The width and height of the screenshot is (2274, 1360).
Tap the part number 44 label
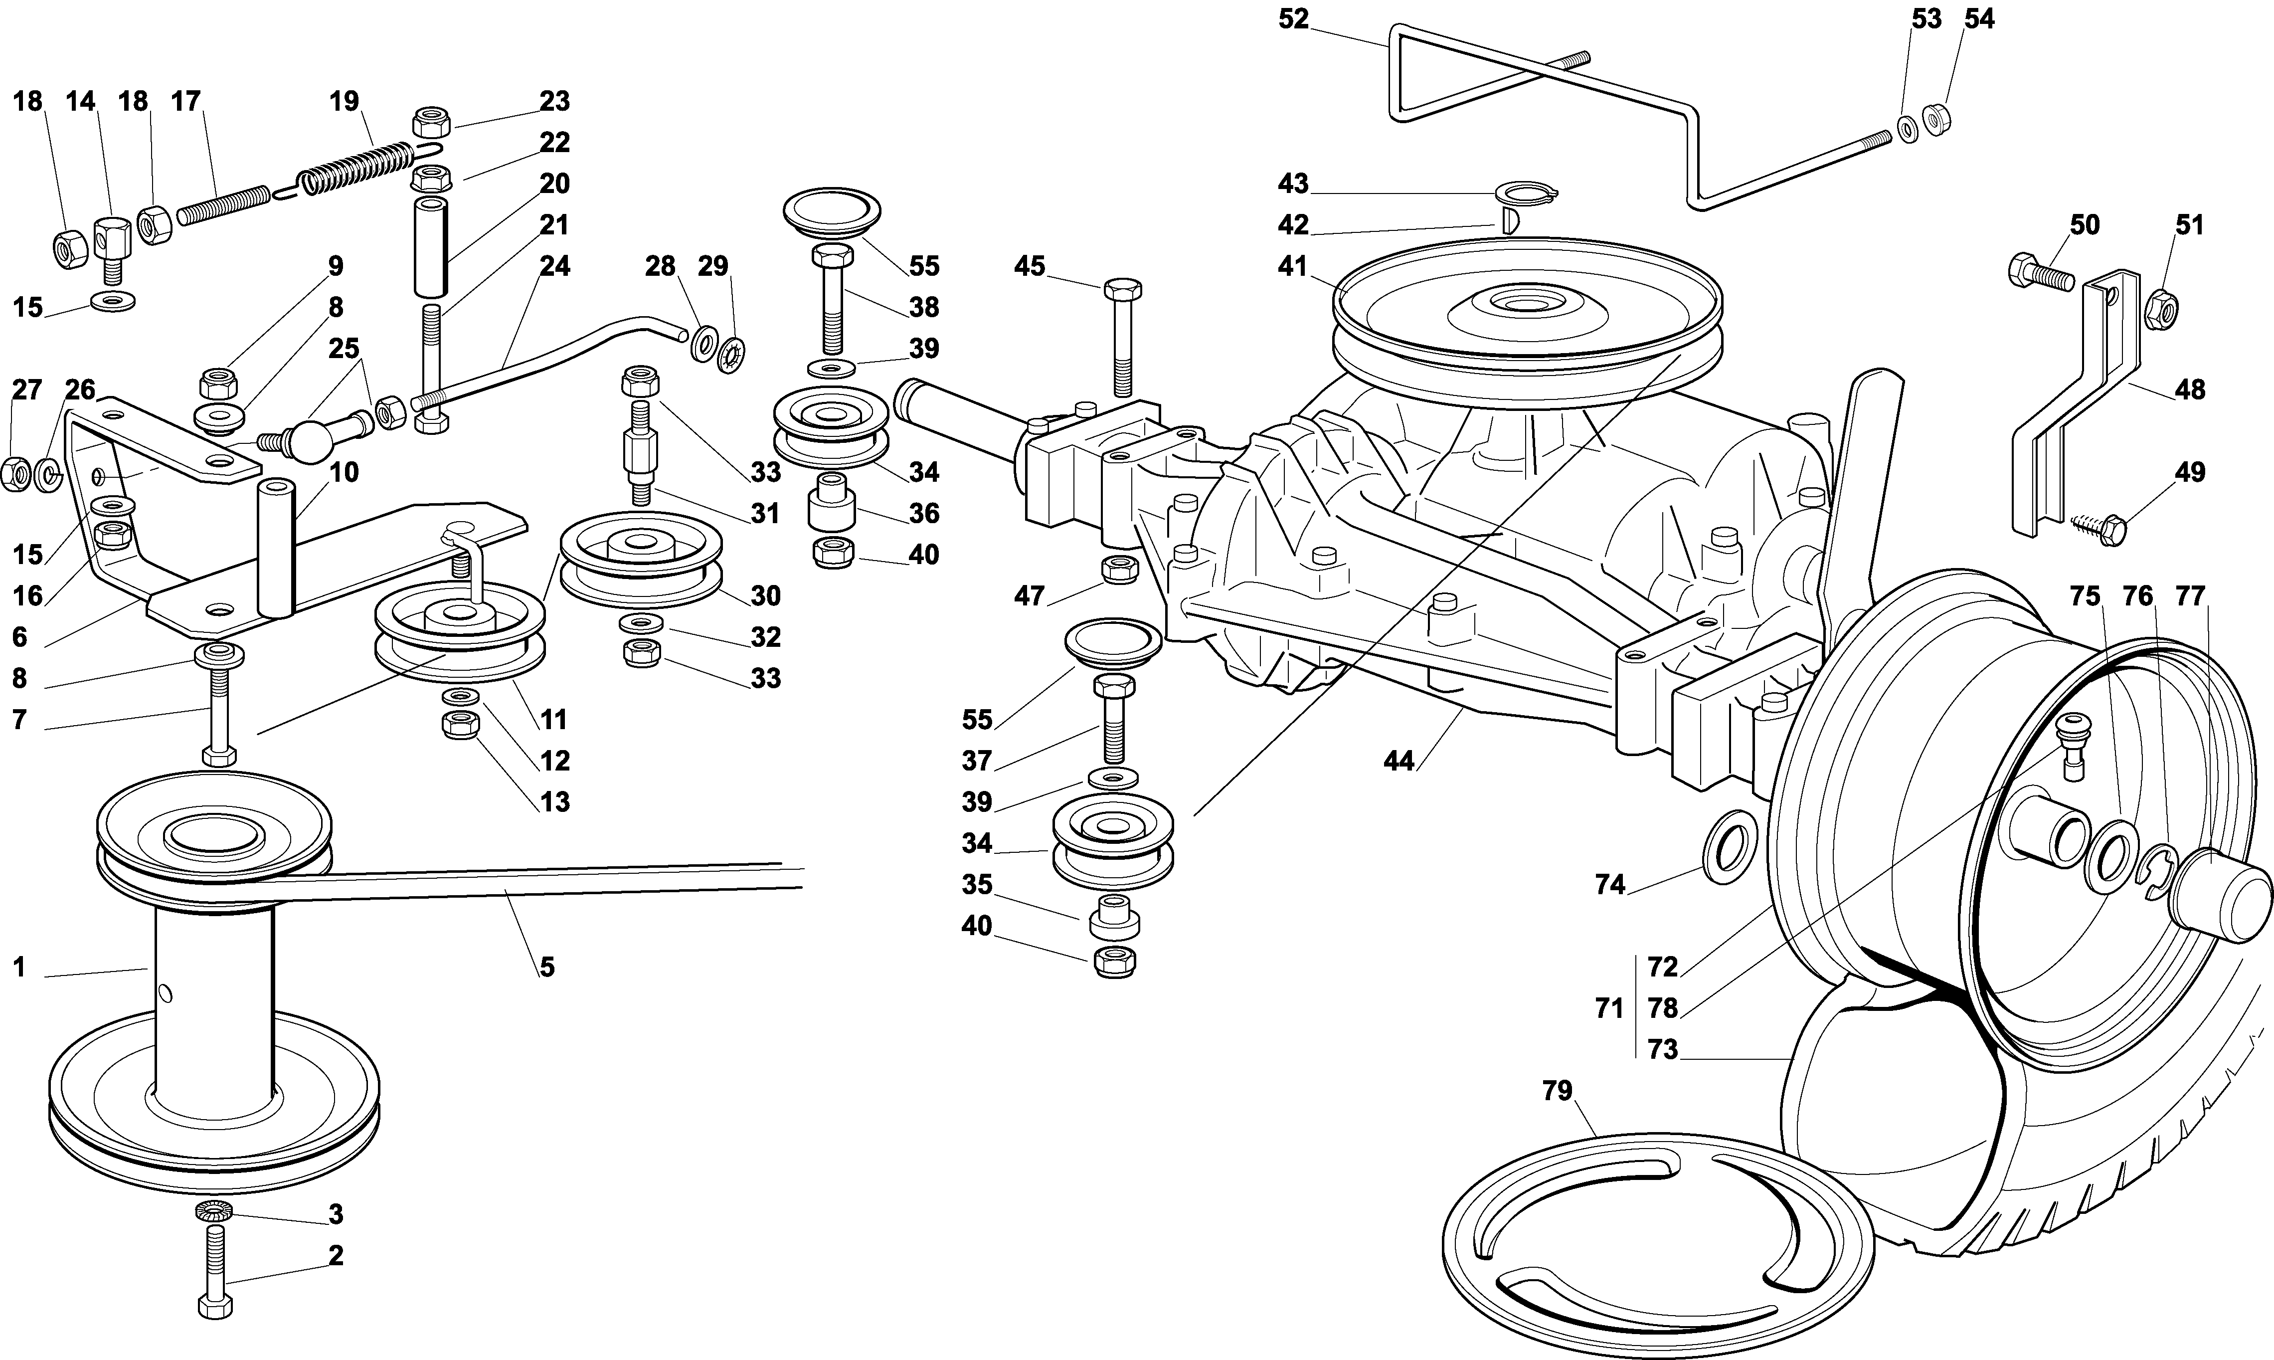pyautogui.click(x=1399, y=761)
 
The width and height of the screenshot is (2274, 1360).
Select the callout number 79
pyautogui.click(x=1557, y=1091)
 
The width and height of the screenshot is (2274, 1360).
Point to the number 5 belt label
pyautogui.click(x=547, y=967)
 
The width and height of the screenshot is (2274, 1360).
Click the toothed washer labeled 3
pyautogui.click(x=213, y=1211)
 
